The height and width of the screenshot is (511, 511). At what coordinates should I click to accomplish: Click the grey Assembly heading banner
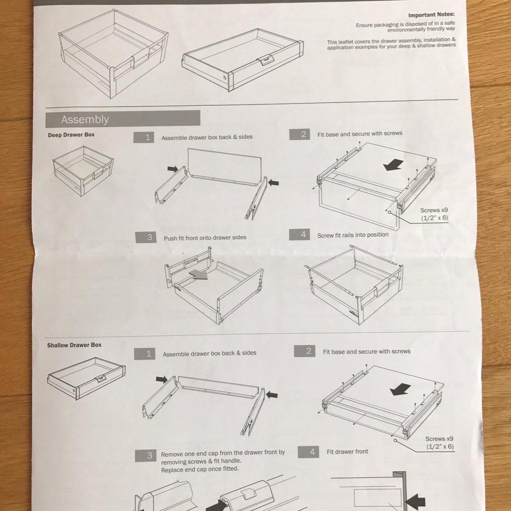(123, 119)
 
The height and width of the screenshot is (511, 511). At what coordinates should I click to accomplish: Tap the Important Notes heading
(431, 14)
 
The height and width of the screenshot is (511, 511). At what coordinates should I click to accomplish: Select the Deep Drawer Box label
(71, 135)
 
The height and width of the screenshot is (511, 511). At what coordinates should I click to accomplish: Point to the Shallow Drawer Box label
(74, 345)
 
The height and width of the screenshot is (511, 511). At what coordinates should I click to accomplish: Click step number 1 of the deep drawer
(144, 138)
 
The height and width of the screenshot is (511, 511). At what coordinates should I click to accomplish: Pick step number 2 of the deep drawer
(300, 134)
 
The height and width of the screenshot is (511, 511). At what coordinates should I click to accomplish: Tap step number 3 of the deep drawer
(146, 237)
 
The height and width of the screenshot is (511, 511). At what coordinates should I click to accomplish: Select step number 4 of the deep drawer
(299, 235)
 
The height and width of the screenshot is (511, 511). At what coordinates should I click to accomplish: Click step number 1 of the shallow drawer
(145, 354)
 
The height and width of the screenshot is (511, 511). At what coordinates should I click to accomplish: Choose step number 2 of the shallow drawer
(305, 351)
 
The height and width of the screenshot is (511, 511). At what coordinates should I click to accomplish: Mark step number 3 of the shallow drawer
(146, 456)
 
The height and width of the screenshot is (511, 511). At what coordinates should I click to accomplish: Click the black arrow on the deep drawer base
(393, 165)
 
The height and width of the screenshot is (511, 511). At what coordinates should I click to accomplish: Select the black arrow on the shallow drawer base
(400, 389)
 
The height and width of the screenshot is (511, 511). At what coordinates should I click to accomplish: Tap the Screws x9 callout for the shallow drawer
(440, 443)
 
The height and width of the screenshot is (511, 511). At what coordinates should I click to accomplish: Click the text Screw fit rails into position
(353, 235)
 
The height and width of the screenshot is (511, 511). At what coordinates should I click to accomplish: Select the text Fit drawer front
(347, 452)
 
